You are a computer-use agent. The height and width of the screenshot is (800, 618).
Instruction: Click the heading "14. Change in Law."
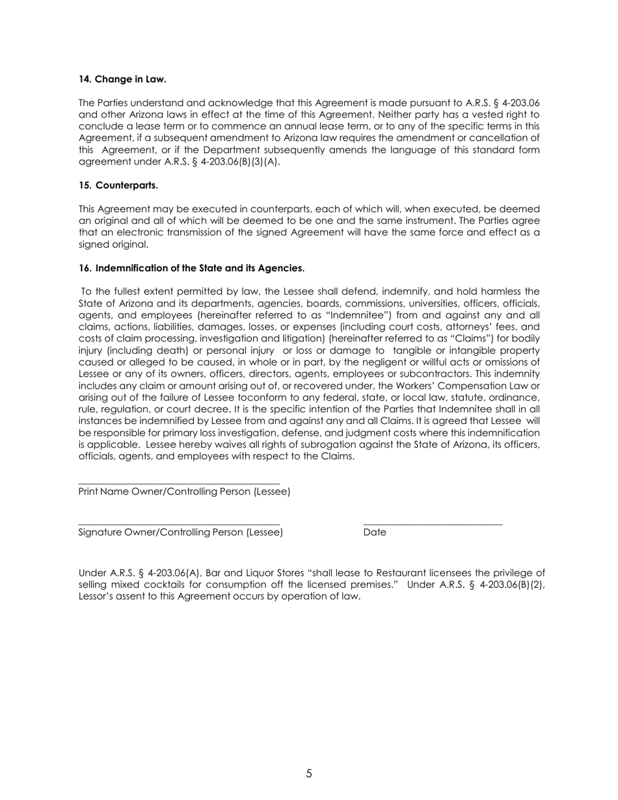tap(122, 79)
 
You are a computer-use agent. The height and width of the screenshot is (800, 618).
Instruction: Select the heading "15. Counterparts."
tap(118, 185)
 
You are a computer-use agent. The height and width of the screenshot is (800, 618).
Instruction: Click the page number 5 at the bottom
tap(309, 773)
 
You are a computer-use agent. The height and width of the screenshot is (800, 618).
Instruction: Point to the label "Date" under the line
tap(375, 533)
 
